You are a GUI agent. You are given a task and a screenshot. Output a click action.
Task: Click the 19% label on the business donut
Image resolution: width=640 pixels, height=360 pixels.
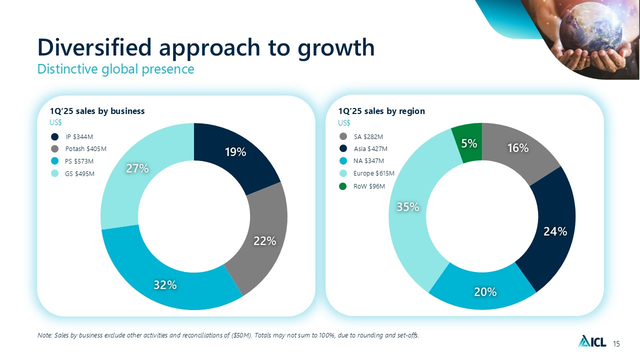(x=235, y=152)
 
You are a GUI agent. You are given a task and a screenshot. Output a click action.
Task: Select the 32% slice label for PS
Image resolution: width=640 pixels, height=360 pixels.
(x=165, y=285)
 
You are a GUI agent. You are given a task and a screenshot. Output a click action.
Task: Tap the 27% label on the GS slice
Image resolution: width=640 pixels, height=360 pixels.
(x=136, y=168)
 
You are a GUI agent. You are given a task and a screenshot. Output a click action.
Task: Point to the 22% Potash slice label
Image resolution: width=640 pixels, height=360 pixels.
(x=264, y=241)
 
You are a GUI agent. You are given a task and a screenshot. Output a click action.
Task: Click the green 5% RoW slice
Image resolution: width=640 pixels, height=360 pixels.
(x=468, y=143)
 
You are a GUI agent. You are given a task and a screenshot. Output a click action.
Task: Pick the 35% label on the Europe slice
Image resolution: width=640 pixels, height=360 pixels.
(x=407, y=206)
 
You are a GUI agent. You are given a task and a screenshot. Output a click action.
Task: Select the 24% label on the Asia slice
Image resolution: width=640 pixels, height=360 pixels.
(x=555, y=231)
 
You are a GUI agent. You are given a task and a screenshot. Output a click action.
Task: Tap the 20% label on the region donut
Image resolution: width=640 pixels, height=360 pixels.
(x=485, y=291)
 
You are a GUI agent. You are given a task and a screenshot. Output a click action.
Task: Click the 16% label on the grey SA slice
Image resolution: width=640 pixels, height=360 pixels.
(x=517, y=148)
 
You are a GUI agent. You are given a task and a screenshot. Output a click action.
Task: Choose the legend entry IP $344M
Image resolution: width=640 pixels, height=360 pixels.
(x=79, y=136)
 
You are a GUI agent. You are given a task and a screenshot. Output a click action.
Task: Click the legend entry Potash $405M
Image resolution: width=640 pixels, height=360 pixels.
(x=85, y=148)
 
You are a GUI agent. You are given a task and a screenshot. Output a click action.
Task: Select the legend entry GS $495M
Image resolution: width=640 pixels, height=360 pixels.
(x=79, y=173)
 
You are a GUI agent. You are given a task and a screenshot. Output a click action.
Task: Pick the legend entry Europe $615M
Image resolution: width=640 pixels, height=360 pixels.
(x=373, y=173)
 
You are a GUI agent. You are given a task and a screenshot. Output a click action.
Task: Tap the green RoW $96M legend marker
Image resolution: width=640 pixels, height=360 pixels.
(x=343, y=186)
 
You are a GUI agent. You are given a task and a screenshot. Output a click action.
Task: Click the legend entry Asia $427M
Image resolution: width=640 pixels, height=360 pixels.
(x=370, y=148)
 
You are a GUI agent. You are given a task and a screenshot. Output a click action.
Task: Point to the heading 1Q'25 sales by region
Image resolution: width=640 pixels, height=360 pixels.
(x=381, y=111)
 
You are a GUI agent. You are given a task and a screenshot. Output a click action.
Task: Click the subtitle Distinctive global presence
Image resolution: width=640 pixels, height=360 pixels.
(x=115, y=69)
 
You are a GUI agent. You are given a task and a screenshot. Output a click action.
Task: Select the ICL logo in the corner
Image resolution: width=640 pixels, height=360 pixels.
(x=592, y=341)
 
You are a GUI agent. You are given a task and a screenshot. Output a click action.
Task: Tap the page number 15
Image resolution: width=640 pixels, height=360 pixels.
(x=616, y=343)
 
